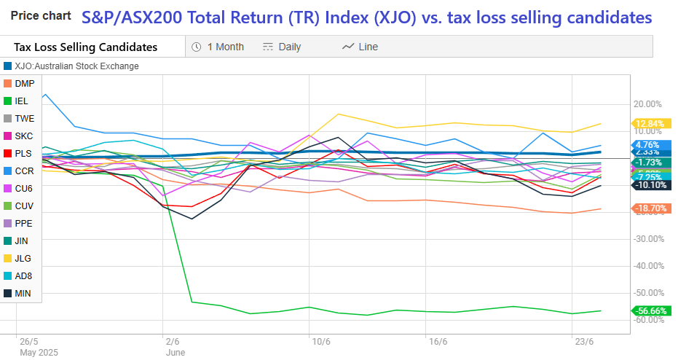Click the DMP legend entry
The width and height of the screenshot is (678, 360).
click(x=24, y=84)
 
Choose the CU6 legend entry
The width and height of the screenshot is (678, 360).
click(x=24, y=189)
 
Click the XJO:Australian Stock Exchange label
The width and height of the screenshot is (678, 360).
click(x=76, y=66)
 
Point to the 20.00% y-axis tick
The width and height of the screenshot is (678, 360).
click(x=649, y=104)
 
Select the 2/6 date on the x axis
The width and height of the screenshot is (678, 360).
click(x=173, y=342)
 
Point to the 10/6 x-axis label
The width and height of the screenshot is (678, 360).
click(x=320, y=342)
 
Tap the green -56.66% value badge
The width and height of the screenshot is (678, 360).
click(x=650, y=311)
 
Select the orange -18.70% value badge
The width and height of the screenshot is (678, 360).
click(x=650, y=208)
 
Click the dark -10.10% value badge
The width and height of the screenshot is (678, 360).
click(x=650, y=185)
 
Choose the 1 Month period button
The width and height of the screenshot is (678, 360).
click(x=218, y=47)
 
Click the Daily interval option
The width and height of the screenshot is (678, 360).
click(x=282, y=47)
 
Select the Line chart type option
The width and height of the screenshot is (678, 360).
click(x=360, y=47)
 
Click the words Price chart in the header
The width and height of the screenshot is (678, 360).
click(x=41, y=15)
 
